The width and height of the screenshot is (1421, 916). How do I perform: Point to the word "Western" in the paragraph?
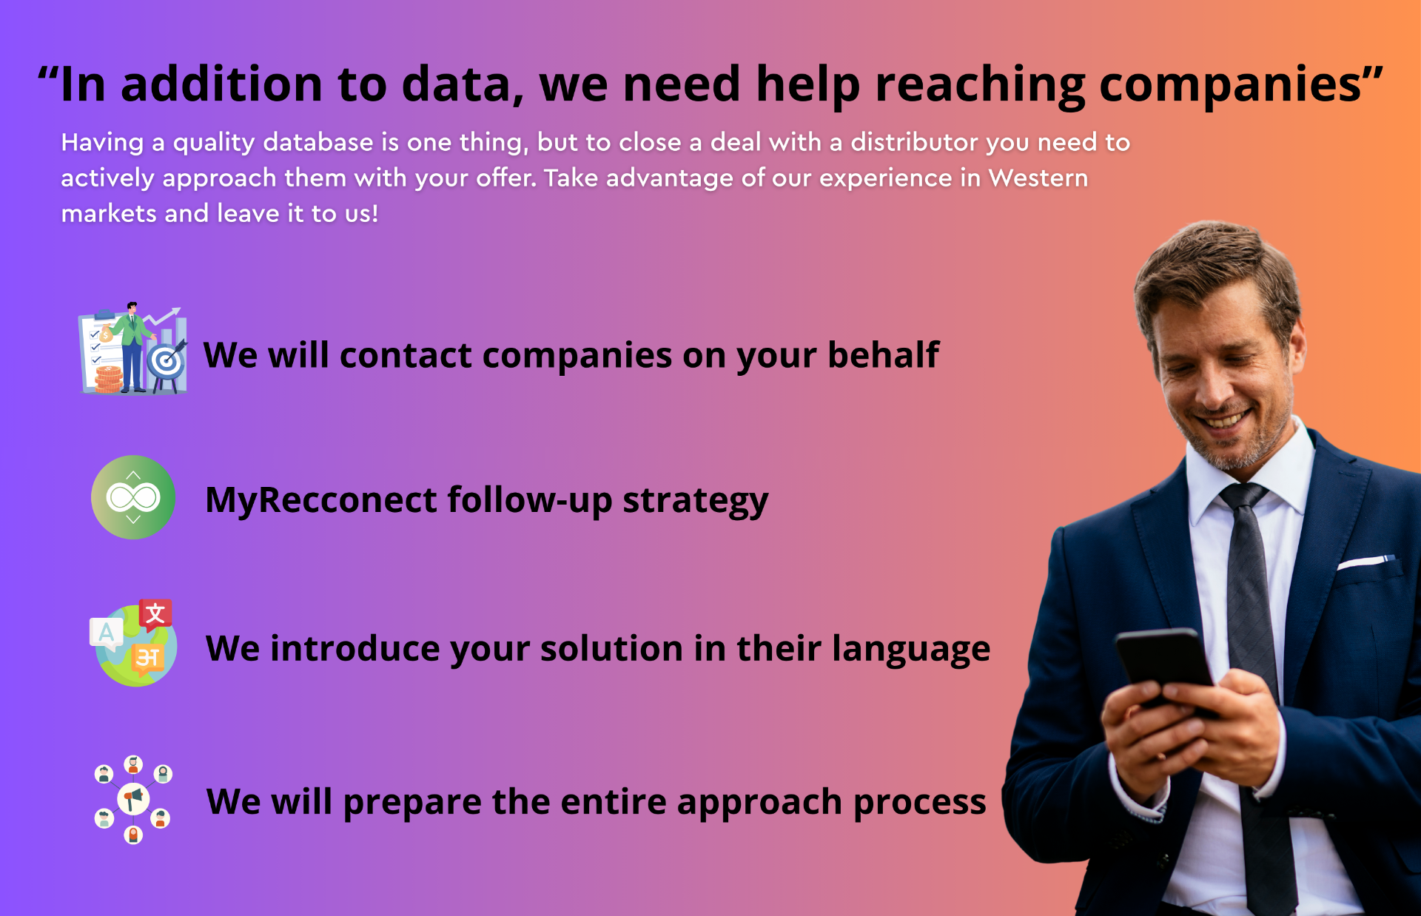[1038, 178]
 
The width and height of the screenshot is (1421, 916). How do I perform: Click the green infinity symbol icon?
[133, 497]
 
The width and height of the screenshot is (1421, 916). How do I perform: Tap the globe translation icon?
[133, 643]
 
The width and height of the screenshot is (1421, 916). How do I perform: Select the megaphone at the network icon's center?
[133, 799]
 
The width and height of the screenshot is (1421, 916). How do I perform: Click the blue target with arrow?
[167, 361]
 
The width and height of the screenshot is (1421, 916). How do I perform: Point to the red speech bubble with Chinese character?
[155, 614]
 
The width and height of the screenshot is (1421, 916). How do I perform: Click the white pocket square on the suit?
[1365, 562]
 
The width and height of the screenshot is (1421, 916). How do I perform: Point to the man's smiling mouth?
[1226, 420]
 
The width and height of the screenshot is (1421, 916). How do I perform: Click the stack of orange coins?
[109, 379]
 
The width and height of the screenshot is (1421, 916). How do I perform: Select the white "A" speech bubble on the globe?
[106, 633]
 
